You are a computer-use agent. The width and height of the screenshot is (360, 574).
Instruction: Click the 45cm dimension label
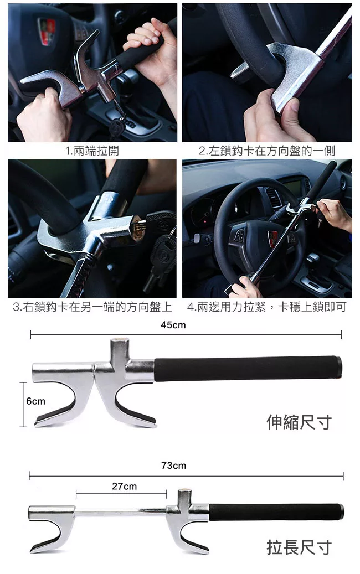point(173,325)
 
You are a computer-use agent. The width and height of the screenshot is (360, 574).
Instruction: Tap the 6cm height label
point(36,401)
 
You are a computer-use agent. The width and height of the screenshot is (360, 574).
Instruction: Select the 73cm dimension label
point(173,466)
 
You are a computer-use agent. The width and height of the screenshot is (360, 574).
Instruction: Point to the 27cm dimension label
point(125,486)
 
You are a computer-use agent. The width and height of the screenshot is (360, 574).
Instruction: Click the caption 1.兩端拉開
point(92,151)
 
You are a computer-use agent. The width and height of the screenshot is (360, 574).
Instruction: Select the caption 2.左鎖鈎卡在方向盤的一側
point(267,151)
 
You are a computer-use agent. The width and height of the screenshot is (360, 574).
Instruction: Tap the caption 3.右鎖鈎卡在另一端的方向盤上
point(92,307)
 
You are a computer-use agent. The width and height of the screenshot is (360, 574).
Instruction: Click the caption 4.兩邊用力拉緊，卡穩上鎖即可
point(267,307)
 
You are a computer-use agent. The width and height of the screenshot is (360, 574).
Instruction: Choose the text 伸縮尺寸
point(299,422)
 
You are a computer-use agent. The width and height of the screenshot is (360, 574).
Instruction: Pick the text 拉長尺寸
point(299,547)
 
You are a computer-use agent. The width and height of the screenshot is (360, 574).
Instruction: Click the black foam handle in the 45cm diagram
point(248,368)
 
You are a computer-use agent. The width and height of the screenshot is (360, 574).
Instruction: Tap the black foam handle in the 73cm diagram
point(276,512)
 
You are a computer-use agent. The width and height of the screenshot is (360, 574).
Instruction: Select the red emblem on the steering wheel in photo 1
point(47,31)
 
